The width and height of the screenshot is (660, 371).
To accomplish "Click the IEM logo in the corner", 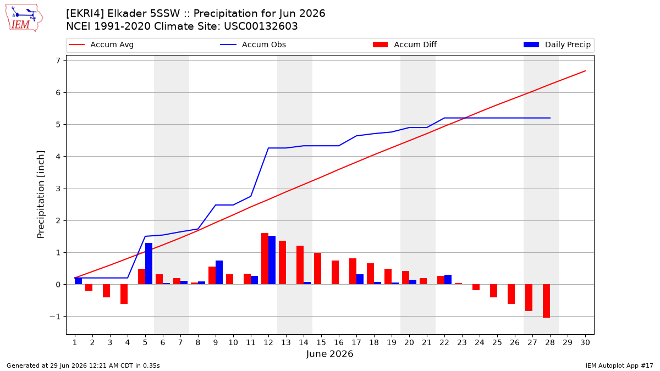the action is pos(24,18).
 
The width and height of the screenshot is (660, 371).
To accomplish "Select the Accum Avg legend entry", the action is pos(101,45).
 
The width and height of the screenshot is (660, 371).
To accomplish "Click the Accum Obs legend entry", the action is pos(253,45).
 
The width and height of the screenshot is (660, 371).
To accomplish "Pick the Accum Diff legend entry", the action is pos(405,45).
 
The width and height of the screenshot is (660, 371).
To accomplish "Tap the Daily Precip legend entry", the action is pos(557,45).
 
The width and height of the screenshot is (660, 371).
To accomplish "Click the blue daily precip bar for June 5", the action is pos(149,263).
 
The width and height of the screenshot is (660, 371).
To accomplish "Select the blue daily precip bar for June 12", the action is pos(272,260).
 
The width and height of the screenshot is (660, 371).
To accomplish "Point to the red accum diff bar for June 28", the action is pos(546,301).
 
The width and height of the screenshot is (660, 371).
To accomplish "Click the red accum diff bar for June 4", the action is pos(124,294).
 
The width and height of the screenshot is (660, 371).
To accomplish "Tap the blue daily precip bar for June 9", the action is pos(219,273).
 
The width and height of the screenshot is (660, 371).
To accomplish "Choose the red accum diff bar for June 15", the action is pos(318,269).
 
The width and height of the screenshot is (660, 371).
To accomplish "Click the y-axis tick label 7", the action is pos(58,60).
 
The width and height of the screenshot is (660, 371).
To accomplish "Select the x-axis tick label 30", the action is pos(585,342).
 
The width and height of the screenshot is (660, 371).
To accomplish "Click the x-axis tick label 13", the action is pos(286,342).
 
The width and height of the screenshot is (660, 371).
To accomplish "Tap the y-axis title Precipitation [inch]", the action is pos(41,195).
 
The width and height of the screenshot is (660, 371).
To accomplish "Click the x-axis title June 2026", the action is pos(329,353).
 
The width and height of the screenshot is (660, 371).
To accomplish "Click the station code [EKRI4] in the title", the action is pos(85,14).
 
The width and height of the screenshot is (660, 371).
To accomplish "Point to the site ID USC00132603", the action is pos(261,26).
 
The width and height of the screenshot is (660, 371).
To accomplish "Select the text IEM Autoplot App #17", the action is pos(619,366).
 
